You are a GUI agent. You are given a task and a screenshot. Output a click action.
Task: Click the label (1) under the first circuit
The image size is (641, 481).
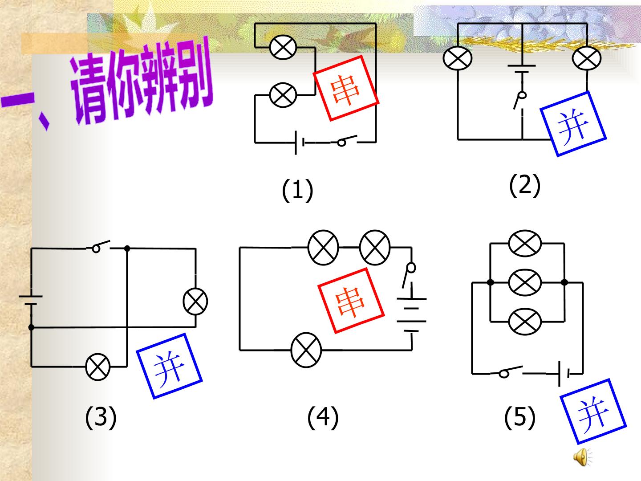click(297, 190)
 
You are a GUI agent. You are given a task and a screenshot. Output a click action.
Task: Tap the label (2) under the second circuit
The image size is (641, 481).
click(525, 185)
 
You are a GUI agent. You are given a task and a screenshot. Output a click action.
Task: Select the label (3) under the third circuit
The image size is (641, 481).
click(101, 417)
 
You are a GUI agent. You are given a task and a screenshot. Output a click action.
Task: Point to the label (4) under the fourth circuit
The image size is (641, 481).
click(323, 417)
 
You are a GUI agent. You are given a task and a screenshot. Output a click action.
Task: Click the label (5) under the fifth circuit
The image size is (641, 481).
click(520, 417)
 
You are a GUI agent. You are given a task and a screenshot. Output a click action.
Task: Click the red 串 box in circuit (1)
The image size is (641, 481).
click(346, 88)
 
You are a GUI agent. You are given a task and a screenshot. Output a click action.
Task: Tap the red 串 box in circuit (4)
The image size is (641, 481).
click(351, 301)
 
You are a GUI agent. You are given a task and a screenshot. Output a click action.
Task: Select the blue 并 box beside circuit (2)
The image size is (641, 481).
click(573, 124)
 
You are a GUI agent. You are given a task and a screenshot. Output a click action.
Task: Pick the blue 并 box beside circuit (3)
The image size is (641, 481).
click(170, 366)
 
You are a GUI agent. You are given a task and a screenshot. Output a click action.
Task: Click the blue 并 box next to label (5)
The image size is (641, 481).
click(593, 412)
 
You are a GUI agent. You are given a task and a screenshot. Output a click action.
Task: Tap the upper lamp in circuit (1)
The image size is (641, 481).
click(283, 47)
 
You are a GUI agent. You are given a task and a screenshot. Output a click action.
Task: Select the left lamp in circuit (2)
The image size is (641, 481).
click(458, 58)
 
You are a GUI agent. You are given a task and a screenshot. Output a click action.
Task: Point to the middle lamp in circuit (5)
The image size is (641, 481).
click(525, 282)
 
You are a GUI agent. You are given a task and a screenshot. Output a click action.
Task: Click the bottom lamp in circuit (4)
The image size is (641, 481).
click(306, 350)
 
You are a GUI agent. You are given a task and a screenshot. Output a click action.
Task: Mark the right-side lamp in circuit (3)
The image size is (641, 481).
click(195, 302)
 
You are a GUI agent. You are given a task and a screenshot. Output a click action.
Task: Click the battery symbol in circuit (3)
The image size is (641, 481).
click(31, 300)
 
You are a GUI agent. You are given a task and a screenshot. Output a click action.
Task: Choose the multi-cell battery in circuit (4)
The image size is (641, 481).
click(411, 315)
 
